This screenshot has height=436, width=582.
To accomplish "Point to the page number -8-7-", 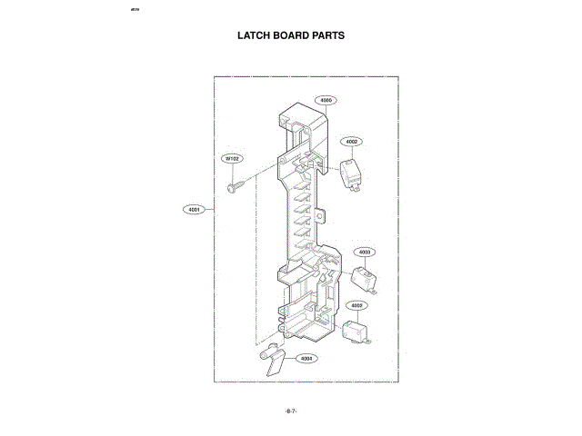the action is (291, 411).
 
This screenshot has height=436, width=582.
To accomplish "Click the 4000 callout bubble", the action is (326, 100).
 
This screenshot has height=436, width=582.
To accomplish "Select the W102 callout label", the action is (234, 159).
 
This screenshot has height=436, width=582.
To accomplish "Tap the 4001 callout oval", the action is (193, 210).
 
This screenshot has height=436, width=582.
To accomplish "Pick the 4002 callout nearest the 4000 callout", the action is (352, 142).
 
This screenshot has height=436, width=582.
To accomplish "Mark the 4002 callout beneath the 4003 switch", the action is (356, 306).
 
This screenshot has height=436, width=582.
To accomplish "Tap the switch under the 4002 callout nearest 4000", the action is (350, 173).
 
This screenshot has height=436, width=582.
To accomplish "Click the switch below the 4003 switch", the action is (355, 331).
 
